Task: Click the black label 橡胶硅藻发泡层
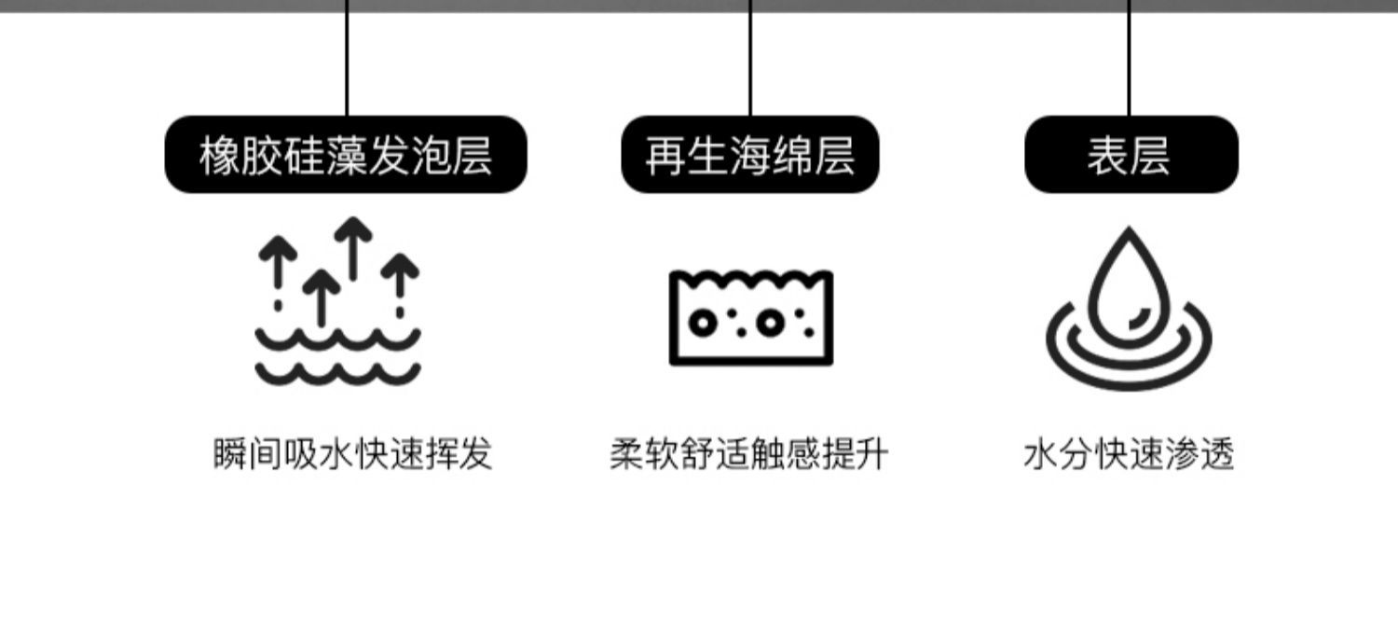click(x=346, y=155)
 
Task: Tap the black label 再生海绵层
click(x=750, y=155)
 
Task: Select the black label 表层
click(x=1131, y=155)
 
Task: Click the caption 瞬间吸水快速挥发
click(x=352, y=455)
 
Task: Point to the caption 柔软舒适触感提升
click(x=749, y=455)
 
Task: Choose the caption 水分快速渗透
click(x=1129, y=455)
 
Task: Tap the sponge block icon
click(x=751, y=318)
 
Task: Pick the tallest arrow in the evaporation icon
click(x=353, y=247)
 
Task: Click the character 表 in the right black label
click(x=1107, y=155)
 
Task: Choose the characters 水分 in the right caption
click(x=1059, y=455)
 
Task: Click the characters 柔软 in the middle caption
click(x=645, y=455)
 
